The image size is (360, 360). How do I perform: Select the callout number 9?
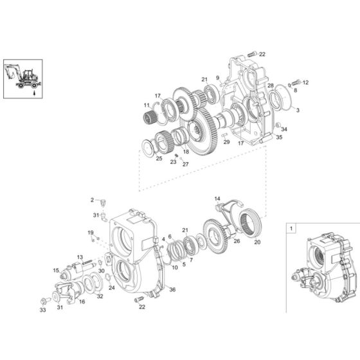[218, 78]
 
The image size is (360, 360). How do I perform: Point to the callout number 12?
[306, 82]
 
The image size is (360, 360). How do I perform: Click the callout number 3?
[297, 111]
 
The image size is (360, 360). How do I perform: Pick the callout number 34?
[285, 129]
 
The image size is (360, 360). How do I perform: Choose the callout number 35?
[279, 138]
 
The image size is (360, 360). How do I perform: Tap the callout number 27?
[185, 164]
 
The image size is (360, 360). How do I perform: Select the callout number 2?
[92, 200]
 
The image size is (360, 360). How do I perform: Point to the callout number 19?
[91, 232]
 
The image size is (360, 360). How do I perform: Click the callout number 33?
[42, 310]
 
